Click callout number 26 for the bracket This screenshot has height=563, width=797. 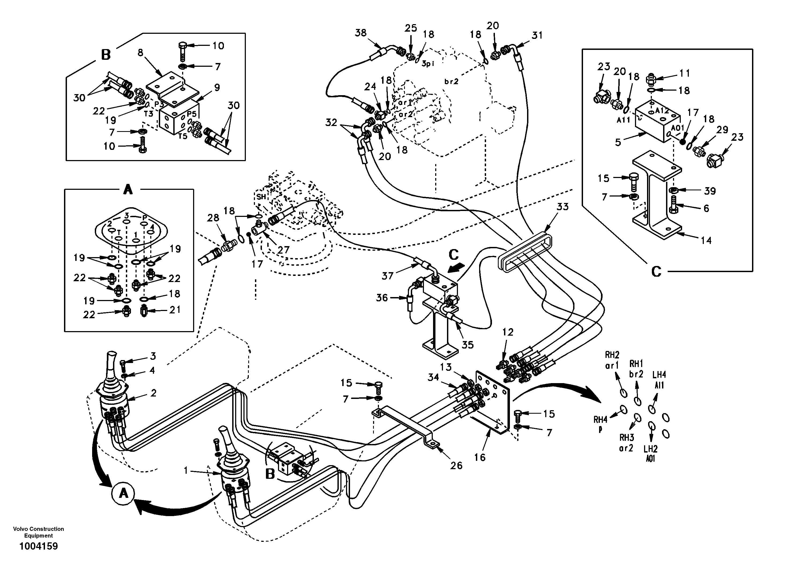[x=456, y=465]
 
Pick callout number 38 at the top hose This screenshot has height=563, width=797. [x=361, y=33]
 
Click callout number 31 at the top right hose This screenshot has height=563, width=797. [x=537, y=35]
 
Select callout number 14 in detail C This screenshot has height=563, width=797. [x=706, y=240]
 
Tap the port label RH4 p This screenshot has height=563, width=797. [x=600, y=424]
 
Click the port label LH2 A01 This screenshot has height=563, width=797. [x=651, y=454]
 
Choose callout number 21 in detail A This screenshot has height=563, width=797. [x=175, y=309]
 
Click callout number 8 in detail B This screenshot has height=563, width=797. [x=140, y=53]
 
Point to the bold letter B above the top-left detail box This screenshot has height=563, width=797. [x=106, y=55]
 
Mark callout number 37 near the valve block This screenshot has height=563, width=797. [x=388, y=276]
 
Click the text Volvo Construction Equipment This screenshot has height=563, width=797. [x=39, y=532]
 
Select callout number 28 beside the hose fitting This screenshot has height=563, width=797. [x=213, y=218]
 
